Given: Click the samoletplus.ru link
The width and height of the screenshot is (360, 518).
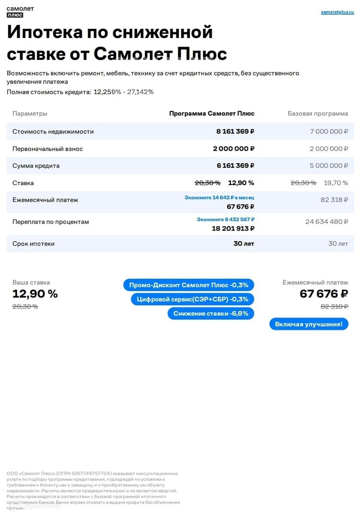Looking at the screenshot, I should (337, 12).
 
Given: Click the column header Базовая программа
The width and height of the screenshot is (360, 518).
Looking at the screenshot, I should (318, 114).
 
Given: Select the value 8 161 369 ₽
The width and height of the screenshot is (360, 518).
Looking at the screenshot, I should (235, 131).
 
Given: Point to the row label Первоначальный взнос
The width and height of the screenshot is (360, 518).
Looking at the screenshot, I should (48, 149).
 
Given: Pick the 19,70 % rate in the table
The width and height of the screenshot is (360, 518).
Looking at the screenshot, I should (336, 183).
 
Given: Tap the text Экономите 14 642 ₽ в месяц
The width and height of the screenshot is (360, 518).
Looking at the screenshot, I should (219, 197).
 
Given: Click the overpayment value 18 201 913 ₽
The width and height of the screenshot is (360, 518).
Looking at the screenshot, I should (233, 229).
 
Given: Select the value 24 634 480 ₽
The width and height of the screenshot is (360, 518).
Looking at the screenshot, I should (326, 222).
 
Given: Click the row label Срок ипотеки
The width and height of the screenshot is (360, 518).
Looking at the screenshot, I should (34, 244).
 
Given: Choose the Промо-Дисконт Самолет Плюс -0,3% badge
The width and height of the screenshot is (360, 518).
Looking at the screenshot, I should (188, 285).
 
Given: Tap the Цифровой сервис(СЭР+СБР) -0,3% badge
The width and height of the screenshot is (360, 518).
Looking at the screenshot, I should (192, 299).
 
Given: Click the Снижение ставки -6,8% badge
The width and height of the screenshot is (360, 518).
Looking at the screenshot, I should (211, 314).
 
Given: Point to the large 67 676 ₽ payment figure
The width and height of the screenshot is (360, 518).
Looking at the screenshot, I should (324, 294).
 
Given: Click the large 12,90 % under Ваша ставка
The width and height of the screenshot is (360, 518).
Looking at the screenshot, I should (35, 294).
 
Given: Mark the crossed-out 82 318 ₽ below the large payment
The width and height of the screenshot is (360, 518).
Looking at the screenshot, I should (334, 306).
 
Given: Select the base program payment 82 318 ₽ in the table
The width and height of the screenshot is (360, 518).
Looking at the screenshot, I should (334, 200).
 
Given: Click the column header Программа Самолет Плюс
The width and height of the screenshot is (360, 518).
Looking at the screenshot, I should (212, 114).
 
